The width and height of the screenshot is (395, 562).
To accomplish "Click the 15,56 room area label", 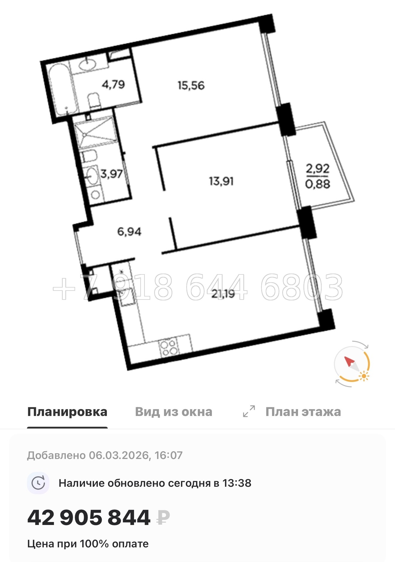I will [191, 86].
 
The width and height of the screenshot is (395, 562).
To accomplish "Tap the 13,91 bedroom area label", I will [221, 181].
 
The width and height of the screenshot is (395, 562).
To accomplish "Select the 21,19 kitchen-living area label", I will [223, 294].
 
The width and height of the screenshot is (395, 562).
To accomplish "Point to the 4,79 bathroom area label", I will [113, 85].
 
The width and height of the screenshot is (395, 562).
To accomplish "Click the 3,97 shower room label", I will [111, 173].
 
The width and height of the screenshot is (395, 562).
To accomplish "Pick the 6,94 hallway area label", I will [129, 231].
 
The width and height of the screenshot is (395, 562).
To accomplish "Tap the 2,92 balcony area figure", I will [317, 169].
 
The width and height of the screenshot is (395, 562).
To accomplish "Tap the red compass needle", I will [349, 362].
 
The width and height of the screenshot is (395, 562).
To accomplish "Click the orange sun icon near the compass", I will [364, 376].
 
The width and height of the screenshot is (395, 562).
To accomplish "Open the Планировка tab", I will [67, 412].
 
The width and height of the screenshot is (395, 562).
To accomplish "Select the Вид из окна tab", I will [174, 412].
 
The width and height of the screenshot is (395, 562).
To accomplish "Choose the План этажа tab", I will [303, 412].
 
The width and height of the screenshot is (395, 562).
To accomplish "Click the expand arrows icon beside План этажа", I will [249, 411].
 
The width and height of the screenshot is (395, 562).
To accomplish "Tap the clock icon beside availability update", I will [38, 483].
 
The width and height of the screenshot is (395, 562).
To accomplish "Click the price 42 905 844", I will [89, 518].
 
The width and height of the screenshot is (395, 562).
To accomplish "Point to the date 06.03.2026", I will [119, 455].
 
